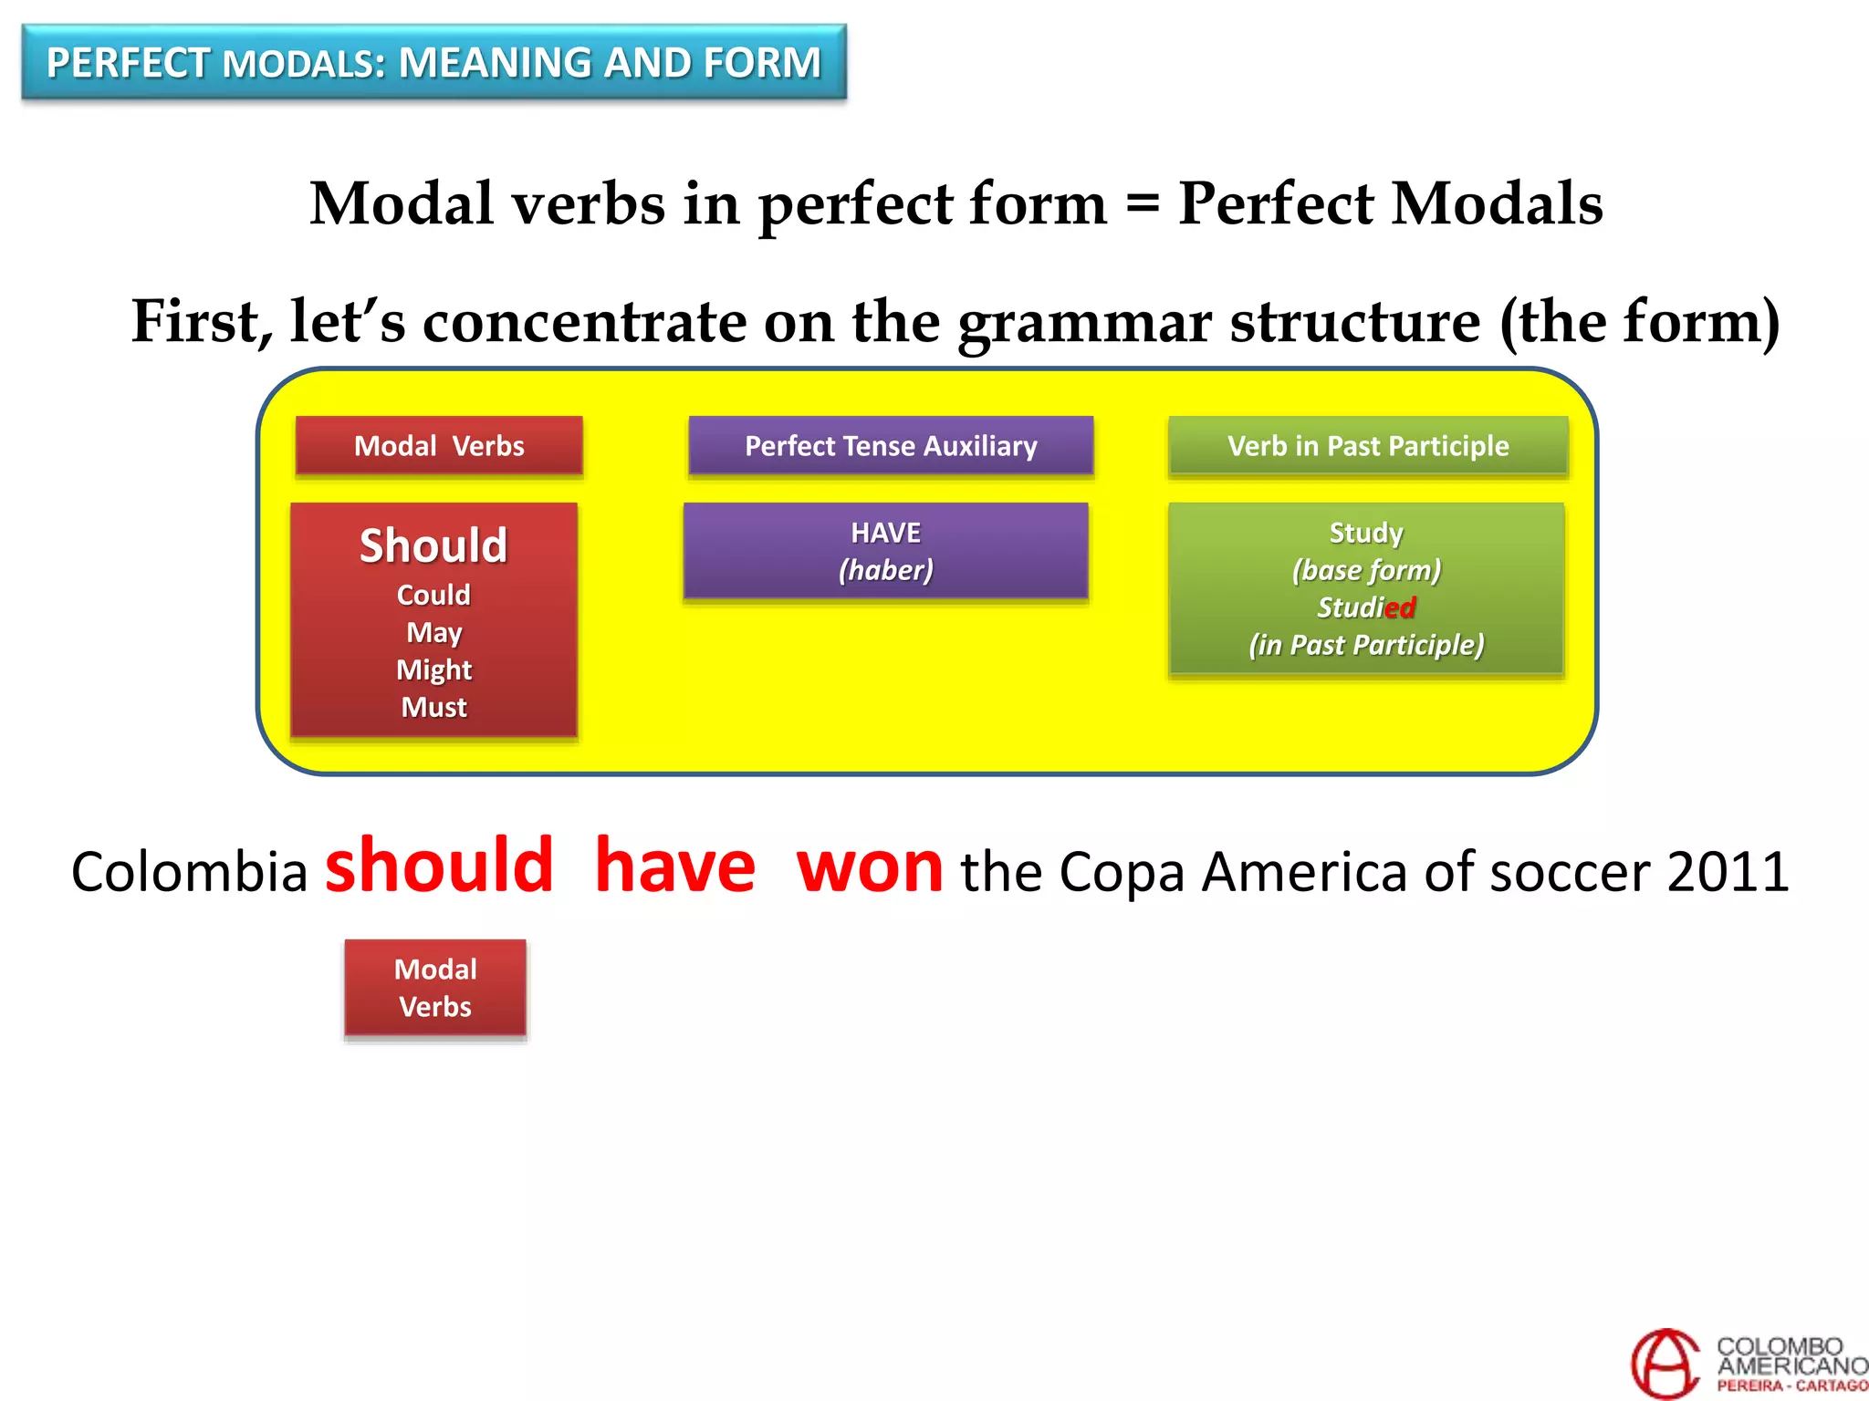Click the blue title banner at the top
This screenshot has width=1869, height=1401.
point(433,62)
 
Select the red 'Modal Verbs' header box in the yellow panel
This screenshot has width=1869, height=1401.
point(439,446)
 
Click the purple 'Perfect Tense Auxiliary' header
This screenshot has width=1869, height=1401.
point(891,446)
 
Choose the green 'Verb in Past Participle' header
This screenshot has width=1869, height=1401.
point(1367,446)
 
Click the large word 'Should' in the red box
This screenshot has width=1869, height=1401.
point(433,545)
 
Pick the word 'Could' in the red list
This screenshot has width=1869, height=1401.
point(433,595)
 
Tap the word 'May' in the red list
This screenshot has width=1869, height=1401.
point(433,632)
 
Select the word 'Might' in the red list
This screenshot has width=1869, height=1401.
point(433,669)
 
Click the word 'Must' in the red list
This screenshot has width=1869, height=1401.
point(433,707)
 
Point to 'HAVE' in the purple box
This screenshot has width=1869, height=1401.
point(885,533)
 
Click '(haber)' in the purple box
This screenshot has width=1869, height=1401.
point(885,570)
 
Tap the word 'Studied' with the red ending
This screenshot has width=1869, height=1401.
point(1365,607)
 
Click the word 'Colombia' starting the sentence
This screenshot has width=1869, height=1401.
point(189,872)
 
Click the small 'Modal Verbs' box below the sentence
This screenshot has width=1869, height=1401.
point(435,988)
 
